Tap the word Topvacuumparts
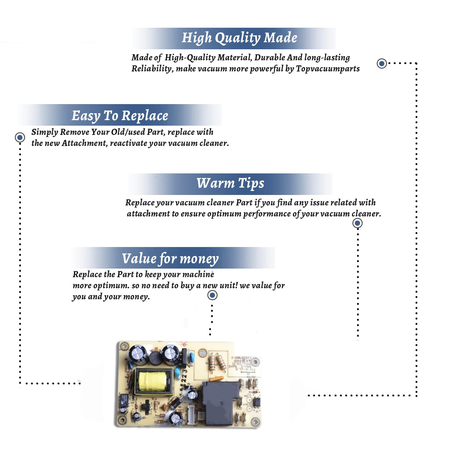click(x=328, y=68)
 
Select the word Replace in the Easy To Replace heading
click(x=145, y=116)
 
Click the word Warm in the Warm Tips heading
click(x=216, y=183)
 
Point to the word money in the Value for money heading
click(x=199, y=259)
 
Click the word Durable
click(x=270, y=57)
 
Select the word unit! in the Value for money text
click(x=229, y=286)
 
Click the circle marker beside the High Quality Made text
click(x=382, y=63)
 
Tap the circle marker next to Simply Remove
click(x=20, y=137)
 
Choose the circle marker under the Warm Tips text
click(x=357, y=223)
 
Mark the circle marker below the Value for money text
click(x=212, y=295)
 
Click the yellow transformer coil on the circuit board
click(x=152, y=381)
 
